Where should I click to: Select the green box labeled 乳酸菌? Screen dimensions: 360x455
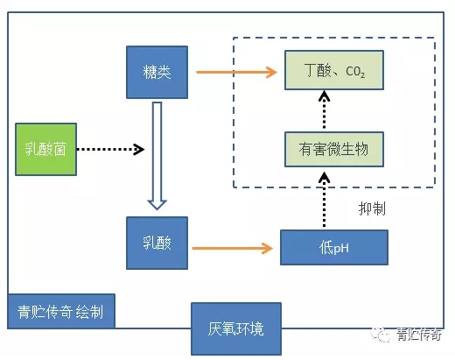pyautogui.click(x=45, y=149)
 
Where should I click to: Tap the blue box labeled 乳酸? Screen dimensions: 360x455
pyautogui.click(x=156, y=243)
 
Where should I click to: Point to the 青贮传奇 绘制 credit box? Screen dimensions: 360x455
pyautogui.click(x=59, y=312)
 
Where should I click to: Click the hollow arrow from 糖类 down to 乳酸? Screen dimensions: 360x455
pyautogui.click(x=157, y=153)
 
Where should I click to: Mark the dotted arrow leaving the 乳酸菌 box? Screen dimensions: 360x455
pyautogui.click(x=110, y=150)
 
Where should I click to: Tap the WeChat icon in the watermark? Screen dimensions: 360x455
pyautogui.click(x=381, y=334)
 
